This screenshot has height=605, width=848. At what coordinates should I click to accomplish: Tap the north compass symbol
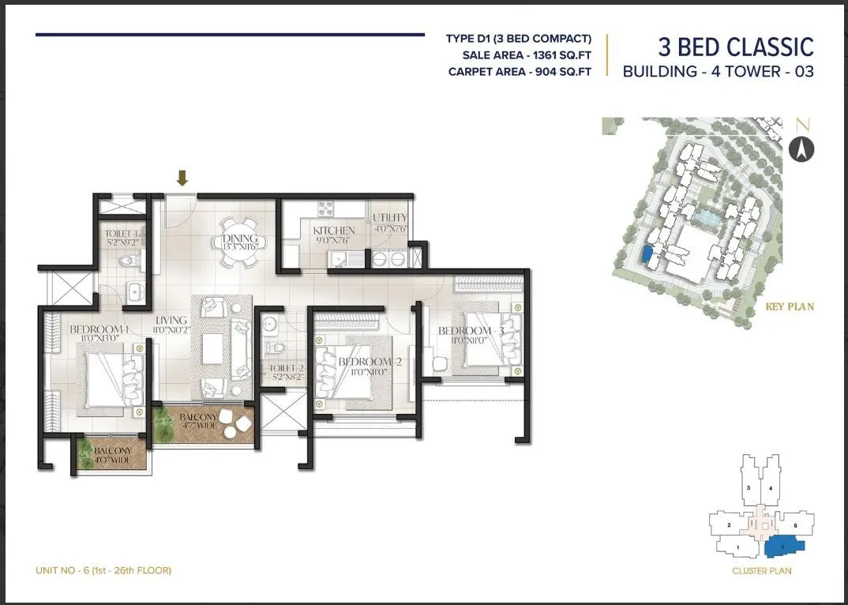(801, 149)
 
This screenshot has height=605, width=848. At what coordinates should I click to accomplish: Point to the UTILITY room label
(390, 218)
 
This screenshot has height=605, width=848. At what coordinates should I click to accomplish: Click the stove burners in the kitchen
(326, 209)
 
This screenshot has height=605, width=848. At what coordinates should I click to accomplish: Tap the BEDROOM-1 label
(95, 329)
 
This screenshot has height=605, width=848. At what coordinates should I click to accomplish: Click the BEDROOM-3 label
(465, 330)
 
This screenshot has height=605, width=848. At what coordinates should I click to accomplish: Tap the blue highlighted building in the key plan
(647, 254)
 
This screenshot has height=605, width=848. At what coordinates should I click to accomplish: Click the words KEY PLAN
(790, 306)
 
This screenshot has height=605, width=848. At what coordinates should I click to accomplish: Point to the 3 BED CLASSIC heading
(735, 47)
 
